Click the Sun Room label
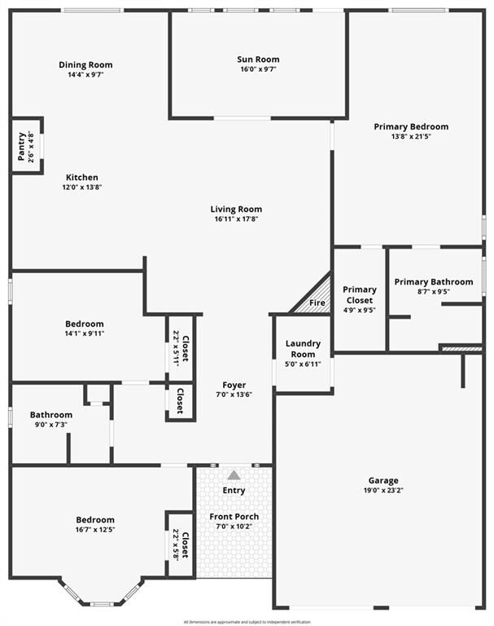click(x=258, y=60)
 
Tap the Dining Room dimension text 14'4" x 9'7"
click(x=85, y=74)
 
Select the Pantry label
click(x=22, y=147)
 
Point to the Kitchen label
click(x=82, y=177)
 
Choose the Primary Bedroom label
click(x=411, y=126)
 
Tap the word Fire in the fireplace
click(x=317, y=303)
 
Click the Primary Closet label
click(x=359, y=294)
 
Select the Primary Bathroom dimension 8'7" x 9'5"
click(x=433, y=292)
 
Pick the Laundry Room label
click(x=303, y=349)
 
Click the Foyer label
click(x=234, y=385)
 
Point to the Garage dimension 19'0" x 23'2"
click(x=382, y=491)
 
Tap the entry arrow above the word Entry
click(x=234, y=474)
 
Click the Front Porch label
click(x=234, y=517)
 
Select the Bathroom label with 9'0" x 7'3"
click(x=51, y=415)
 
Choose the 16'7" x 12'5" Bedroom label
click(x=95, y=520)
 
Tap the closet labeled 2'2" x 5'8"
click(x=181, y=544)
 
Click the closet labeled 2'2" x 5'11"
click(x=181, y=348)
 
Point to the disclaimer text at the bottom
click(x=247, y=621)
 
